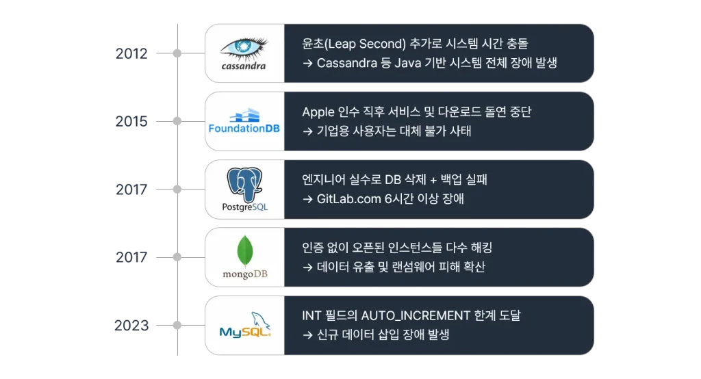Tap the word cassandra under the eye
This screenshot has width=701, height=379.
(244, 66)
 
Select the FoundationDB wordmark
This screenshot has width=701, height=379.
(244, 129)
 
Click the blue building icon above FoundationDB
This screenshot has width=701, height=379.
(244, 114)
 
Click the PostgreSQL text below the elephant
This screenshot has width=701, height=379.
(244, 206)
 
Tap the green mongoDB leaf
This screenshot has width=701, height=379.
(244, 251)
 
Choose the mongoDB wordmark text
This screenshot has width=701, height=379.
(244, 274)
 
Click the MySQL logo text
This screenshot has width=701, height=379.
(240, 332)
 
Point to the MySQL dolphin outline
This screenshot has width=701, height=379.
(259, 320)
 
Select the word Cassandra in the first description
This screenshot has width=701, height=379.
(345, 63)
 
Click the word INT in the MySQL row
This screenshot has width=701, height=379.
(311, 316)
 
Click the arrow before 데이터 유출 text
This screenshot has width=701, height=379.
(307, 267)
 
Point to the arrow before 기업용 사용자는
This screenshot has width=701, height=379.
(307, 131)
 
